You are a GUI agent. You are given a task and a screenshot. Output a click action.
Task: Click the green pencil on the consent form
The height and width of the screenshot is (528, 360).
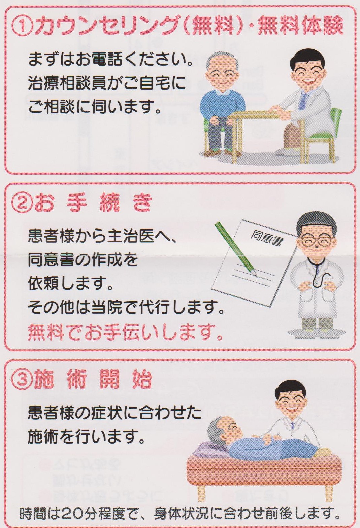[x=236, y=250]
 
